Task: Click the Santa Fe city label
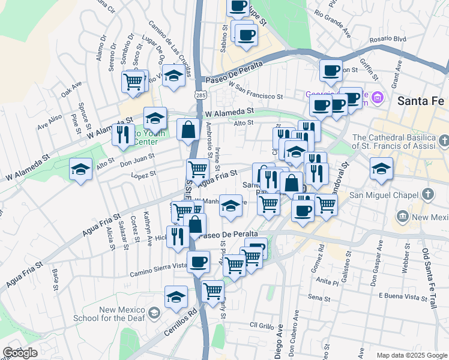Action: [x=420, y=101]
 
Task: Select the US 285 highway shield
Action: [x=200, y=95]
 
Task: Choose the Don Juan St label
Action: [x=137, y=158]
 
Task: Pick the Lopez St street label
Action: [x=143, y=174]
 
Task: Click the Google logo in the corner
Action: [x=20, y=353]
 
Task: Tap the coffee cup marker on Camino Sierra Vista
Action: [x=198, y=261]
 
